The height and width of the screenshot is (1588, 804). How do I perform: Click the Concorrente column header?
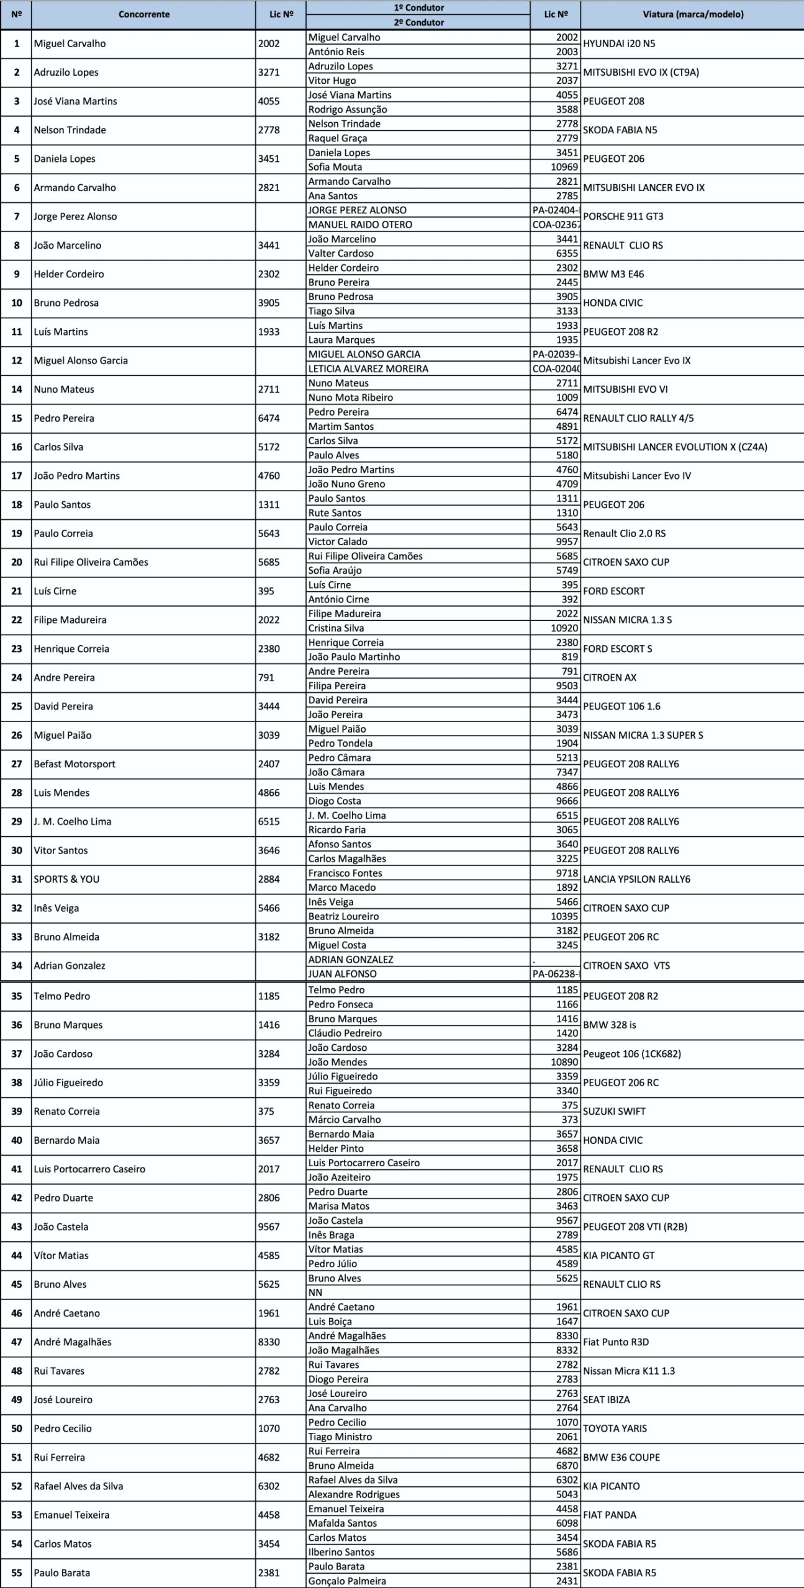pos(143,14)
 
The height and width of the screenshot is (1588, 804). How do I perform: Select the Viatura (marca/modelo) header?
pos(692,14)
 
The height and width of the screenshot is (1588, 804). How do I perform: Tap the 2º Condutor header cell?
pos(418,22)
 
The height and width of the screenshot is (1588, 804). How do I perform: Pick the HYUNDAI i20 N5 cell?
pos(619,43)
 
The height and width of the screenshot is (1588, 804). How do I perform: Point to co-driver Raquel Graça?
pos(338,138)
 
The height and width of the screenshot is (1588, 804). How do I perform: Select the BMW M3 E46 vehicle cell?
pos(613,274)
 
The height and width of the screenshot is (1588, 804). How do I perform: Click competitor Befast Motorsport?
pos(75,764)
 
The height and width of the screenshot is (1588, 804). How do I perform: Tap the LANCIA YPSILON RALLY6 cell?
pos(636,879)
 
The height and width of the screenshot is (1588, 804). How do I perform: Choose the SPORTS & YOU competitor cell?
pos(66,879)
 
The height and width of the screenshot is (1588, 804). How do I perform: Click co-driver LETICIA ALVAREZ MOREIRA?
pos(368,368)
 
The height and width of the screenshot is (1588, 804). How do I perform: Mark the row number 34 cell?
pos(17,965)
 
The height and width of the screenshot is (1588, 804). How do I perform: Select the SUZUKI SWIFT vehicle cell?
pos(614,1111)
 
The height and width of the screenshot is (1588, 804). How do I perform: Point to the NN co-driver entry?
pos(315,1292)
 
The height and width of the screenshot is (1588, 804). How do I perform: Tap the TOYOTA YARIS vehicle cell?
pos(615,1428)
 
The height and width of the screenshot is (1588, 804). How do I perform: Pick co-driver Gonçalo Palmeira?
pos(347,1581)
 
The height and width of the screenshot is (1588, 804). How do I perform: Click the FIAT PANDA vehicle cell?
pos(610,1514)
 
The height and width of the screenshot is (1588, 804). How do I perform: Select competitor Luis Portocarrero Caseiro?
pos(89,1169)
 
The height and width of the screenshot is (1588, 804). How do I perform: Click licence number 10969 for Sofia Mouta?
pos(564,167)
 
